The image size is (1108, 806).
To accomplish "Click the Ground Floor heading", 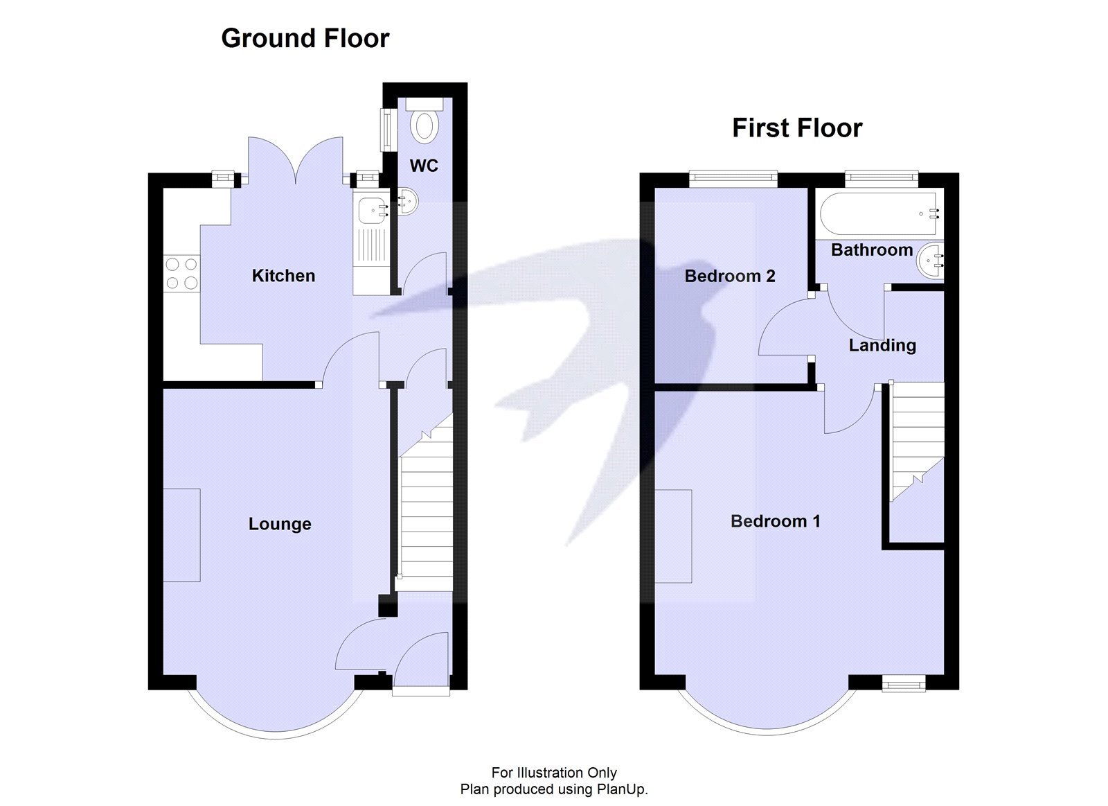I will [305, 38].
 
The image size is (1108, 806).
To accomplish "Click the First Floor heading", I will [797, 128].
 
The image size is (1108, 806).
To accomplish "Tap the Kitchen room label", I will [283, 276].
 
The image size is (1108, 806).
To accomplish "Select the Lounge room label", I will [280, 524].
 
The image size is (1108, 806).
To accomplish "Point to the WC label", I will [424, 166].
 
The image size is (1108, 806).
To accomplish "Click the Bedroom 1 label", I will [775, 521].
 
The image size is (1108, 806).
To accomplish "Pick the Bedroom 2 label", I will [730, 277].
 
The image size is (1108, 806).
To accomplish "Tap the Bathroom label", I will [872, 250].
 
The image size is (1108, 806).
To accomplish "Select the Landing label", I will [882, 345].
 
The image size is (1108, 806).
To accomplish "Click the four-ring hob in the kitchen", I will [181, 273].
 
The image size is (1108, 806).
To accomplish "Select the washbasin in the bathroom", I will [929, 262].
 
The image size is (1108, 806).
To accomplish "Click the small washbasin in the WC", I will [407, 202].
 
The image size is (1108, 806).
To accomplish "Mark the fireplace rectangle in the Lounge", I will [182, 535].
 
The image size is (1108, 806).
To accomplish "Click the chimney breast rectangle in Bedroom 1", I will [673, 536].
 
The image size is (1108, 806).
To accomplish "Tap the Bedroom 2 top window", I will [733, 179].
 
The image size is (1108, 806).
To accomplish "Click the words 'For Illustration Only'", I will [554, 773].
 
